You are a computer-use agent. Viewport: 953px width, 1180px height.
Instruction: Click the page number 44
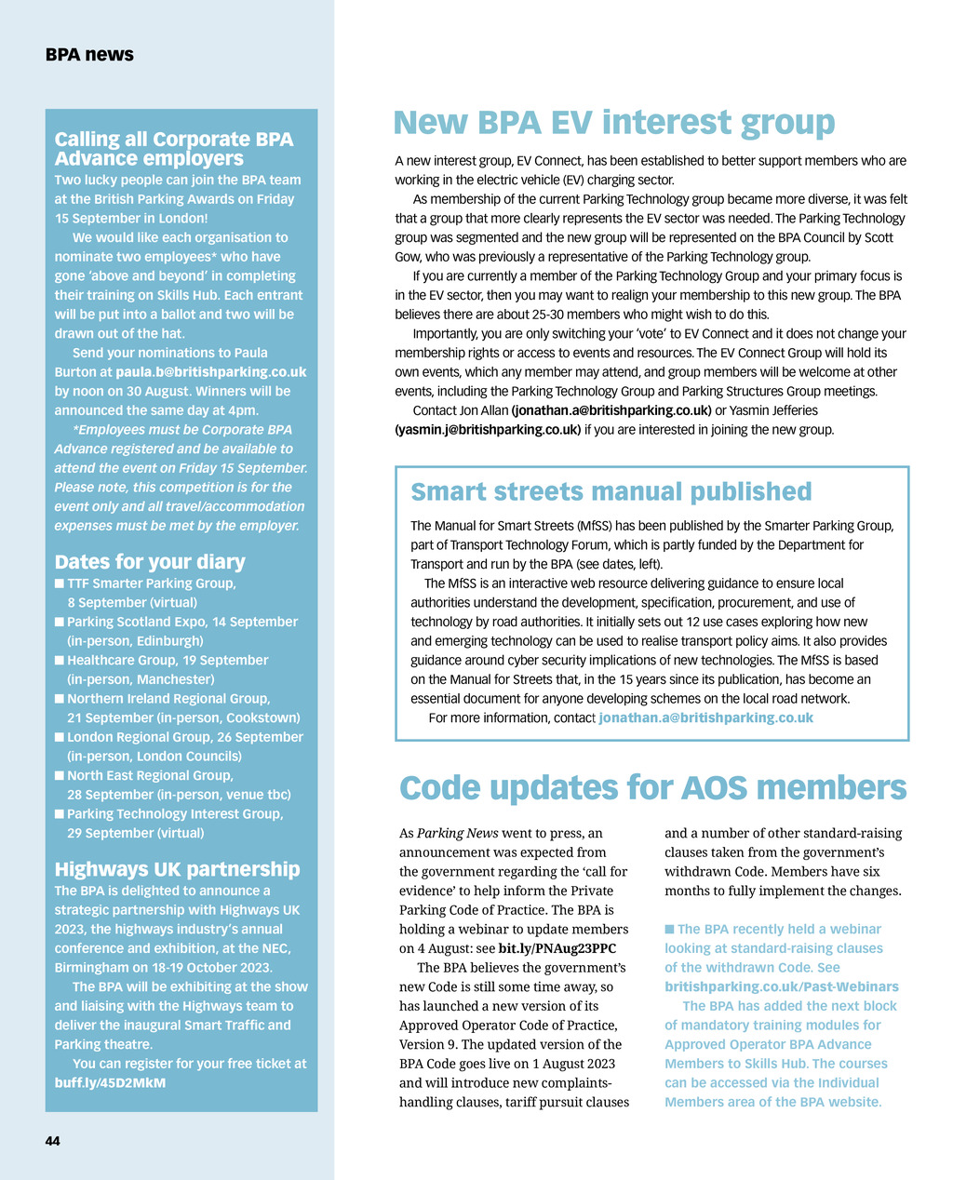(52, 1141)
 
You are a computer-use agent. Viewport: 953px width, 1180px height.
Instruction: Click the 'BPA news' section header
(89, 55)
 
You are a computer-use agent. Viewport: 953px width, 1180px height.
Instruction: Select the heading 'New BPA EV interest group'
(613, 123)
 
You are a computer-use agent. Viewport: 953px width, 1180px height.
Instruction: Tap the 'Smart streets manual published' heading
(611, 491)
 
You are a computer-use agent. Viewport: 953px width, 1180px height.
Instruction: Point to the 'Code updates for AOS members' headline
(652, 787)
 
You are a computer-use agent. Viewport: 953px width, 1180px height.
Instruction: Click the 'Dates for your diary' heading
(150, 561)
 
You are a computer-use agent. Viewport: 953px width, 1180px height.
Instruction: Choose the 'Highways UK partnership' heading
(177, 869)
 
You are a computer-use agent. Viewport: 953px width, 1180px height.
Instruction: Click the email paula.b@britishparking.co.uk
(210, 372)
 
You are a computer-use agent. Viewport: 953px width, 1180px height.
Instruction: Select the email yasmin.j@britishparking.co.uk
(488, 430)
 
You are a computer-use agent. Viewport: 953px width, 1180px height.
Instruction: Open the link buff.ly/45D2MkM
(110, 1083)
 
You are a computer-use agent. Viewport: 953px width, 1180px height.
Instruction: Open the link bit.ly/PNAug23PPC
(557, 948)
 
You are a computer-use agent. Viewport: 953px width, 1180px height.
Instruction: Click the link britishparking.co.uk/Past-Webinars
(781, 986)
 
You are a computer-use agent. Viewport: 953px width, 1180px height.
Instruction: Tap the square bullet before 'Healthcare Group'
(60, 661)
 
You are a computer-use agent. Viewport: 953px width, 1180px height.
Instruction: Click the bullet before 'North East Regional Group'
(60, 776)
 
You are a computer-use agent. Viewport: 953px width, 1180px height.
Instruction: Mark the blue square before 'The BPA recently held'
(669, 930)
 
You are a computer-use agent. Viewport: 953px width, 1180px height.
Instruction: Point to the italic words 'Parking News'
(457, 833)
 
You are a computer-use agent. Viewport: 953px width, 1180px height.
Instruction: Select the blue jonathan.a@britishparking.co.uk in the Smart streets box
(705, 717)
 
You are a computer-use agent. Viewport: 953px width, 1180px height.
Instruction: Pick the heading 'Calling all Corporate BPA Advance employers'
(173, 149)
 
